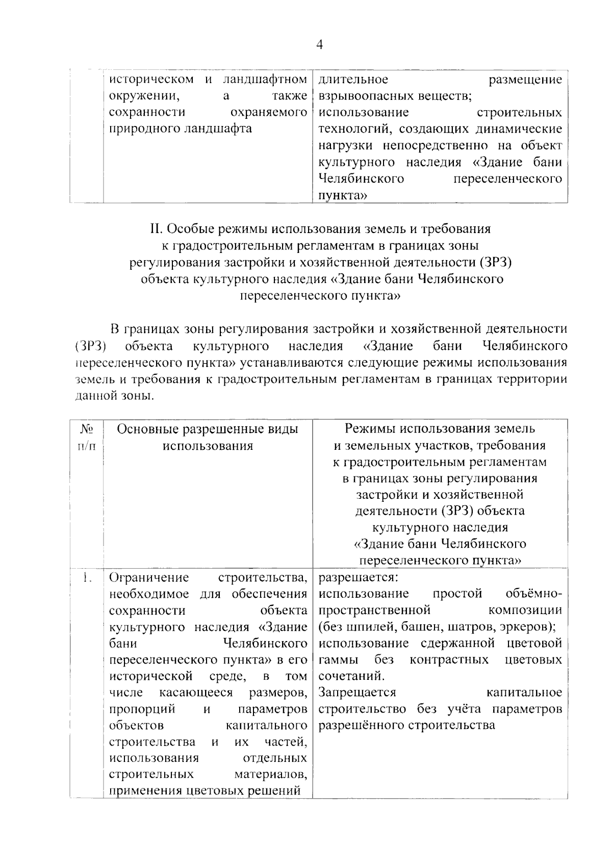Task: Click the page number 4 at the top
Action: (x=319, y=45)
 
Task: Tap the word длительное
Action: (x=353, y=80)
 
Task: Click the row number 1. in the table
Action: (x=87, y=577)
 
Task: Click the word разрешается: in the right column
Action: (x=358, y=577)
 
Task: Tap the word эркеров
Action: (x=531, y=626)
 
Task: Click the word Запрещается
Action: (x=357, y=692)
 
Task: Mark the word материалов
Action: (x=271, y=774)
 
